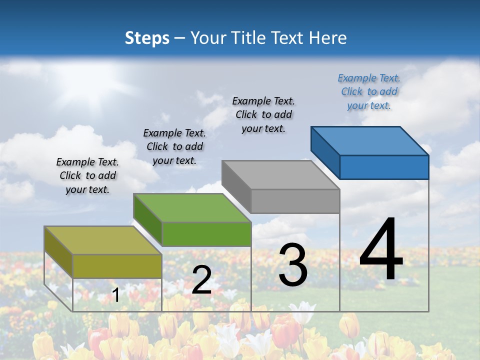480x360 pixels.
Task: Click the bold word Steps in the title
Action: point(147,38)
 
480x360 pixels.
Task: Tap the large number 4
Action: point(381,250)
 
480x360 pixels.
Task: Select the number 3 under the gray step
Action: point(293,265)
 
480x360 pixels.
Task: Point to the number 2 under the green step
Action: point(201,280)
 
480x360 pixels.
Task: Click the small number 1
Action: point(115,295)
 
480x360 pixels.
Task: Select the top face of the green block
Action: point(192,208)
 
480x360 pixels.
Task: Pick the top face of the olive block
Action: point(103,240)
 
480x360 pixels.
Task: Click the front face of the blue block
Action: point(384,167)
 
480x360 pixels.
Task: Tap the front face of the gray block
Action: point(295,201)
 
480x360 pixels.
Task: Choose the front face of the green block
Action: point(206,234)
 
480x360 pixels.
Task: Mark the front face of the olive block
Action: point(117,266)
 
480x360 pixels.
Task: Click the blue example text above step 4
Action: point(369,91)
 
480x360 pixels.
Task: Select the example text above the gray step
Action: point(263,114)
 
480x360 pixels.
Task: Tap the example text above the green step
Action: point(174,146)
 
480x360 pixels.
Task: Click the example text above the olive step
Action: point(87,175)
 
